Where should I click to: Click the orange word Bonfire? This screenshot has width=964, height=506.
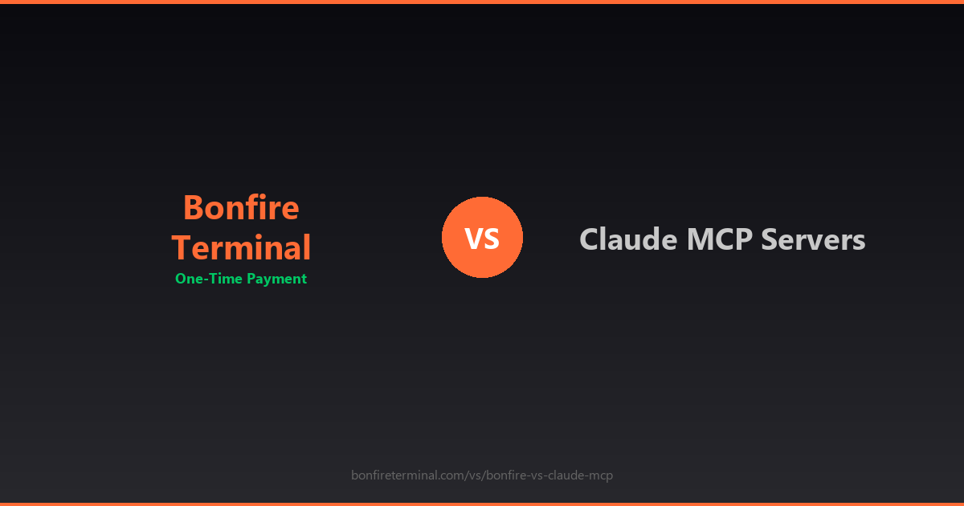[241, 208]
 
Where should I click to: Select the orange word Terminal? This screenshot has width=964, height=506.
[241, 247]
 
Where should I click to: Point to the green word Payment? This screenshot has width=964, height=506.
[276, 280]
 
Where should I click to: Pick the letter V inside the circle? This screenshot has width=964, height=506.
[474, 239]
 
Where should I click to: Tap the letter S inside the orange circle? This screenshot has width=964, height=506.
[492, 239]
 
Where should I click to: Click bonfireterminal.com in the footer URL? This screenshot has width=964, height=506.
[406, 475]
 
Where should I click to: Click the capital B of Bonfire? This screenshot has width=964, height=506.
[193, 208]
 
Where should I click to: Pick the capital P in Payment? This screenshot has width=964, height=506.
[251, 279]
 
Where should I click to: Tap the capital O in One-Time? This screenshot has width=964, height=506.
[181, 279]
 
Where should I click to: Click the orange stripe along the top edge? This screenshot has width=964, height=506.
[482, 2]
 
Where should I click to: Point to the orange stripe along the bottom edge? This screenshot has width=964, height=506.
[482, 504]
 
